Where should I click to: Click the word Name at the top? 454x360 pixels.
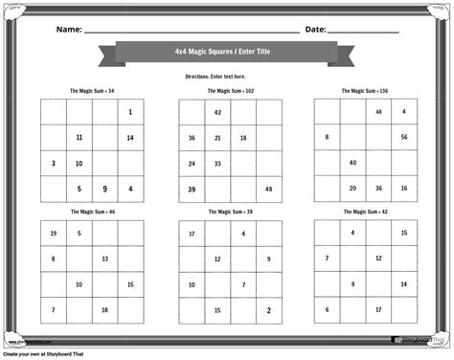[x=68, y=30]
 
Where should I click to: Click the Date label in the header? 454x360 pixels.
[x=315, y=30]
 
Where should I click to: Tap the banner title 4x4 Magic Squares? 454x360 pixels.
[x=227, y=53]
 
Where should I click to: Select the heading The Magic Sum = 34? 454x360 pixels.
[x=92, y=91]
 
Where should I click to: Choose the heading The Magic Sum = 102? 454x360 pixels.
[x=231, y=91]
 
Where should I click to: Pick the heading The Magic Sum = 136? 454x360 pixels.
[x=365, y=91]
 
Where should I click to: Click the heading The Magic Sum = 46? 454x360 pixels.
[x=92, y=211]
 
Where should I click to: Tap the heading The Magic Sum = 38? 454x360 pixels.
[x=230, y=211]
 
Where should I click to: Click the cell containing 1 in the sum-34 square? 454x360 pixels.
[x=130, y=112]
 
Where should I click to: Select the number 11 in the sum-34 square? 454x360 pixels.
[x=79, y=138]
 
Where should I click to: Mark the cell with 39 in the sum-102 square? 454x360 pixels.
[x=192, y=189]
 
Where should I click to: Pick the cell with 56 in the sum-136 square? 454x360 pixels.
[x=404, y=137]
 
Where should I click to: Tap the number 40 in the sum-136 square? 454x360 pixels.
[x=352, y=163]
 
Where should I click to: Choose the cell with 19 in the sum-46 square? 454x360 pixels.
[x=53, y=233]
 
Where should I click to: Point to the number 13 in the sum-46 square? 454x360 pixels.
[x=104, y=259]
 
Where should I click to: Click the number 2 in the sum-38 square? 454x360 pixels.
[x=269, y=309]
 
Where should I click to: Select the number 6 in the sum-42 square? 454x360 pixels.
[x=328, y=309]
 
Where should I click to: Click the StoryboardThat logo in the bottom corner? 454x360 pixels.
[x=419, y=340]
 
